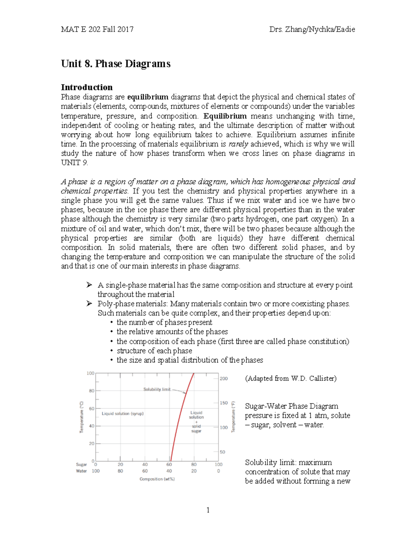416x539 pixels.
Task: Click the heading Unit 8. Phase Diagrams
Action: pyautogui.click(x=115, y=64)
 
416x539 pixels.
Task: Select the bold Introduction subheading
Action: pyautogui.click(x=87, y=87)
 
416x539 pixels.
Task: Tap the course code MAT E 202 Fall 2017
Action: pyautogui.click(x=97, y=30)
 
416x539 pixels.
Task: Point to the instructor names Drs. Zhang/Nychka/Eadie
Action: pyautogui.click(x=312, y=30)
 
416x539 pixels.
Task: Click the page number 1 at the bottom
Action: pyautogui.click(x=208, y=510)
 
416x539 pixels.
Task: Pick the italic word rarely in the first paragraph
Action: pyautogui.click(x=238, y=144)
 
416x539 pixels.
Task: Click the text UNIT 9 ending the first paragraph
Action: pyautogui.click(x=74, y=163)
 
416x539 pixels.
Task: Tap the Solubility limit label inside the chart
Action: pyautogui.click(x=157, y=389)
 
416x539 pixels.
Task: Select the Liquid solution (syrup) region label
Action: pyautogui.click(x=123, y=414)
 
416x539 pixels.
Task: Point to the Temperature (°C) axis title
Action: pyautogui.click(x=82, y=417)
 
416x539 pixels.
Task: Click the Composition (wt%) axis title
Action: pyautogui.click(x=157, y=479)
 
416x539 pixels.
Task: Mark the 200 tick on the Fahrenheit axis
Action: pyautogui.click(x=224, y=378)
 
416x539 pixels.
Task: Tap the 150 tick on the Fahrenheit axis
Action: pyautogui.click(x=224, y=403)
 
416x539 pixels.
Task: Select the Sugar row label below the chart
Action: pyautogui.click(x=81, y=464)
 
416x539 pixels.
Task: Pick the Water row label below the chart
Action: pyautogui.click(x=81, y=471)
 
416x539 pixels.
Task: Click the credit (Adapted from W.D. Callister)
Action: pyautogui.click(x=291, y=378)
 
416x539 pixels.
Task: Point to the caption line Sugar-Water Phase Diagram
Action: pyautogui.click(x=292, y=406)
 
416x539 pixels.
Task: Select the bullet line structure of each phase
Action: pyautogui.click(x=154, y=351)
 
